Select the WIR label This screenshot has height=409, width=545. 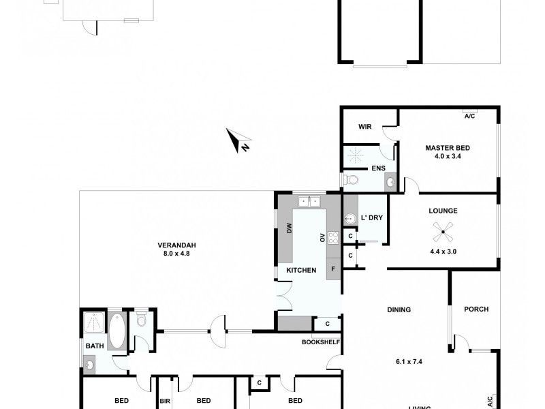pos(364,127)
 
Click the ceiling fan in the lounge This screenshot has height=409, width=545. pos(443,234)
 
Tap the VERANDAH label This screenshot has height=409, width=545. pos(177,245)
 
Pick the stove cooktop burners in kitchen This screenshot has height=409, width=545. pos(334,238)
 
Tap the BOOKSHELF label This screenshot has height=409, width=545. pos(320,342)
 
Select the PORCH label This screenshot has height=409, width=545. pos(476,309)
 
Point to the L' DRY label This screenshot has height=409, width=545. pos(371,217)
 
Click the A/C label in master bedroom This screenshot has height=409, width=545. pos(470,115)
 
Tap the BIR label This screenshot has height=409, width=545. pos(165,401)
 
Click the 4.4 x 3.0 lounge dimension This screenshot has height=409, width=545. pos(443,252)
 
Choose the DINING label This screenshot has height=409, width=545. pos(399,309)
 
